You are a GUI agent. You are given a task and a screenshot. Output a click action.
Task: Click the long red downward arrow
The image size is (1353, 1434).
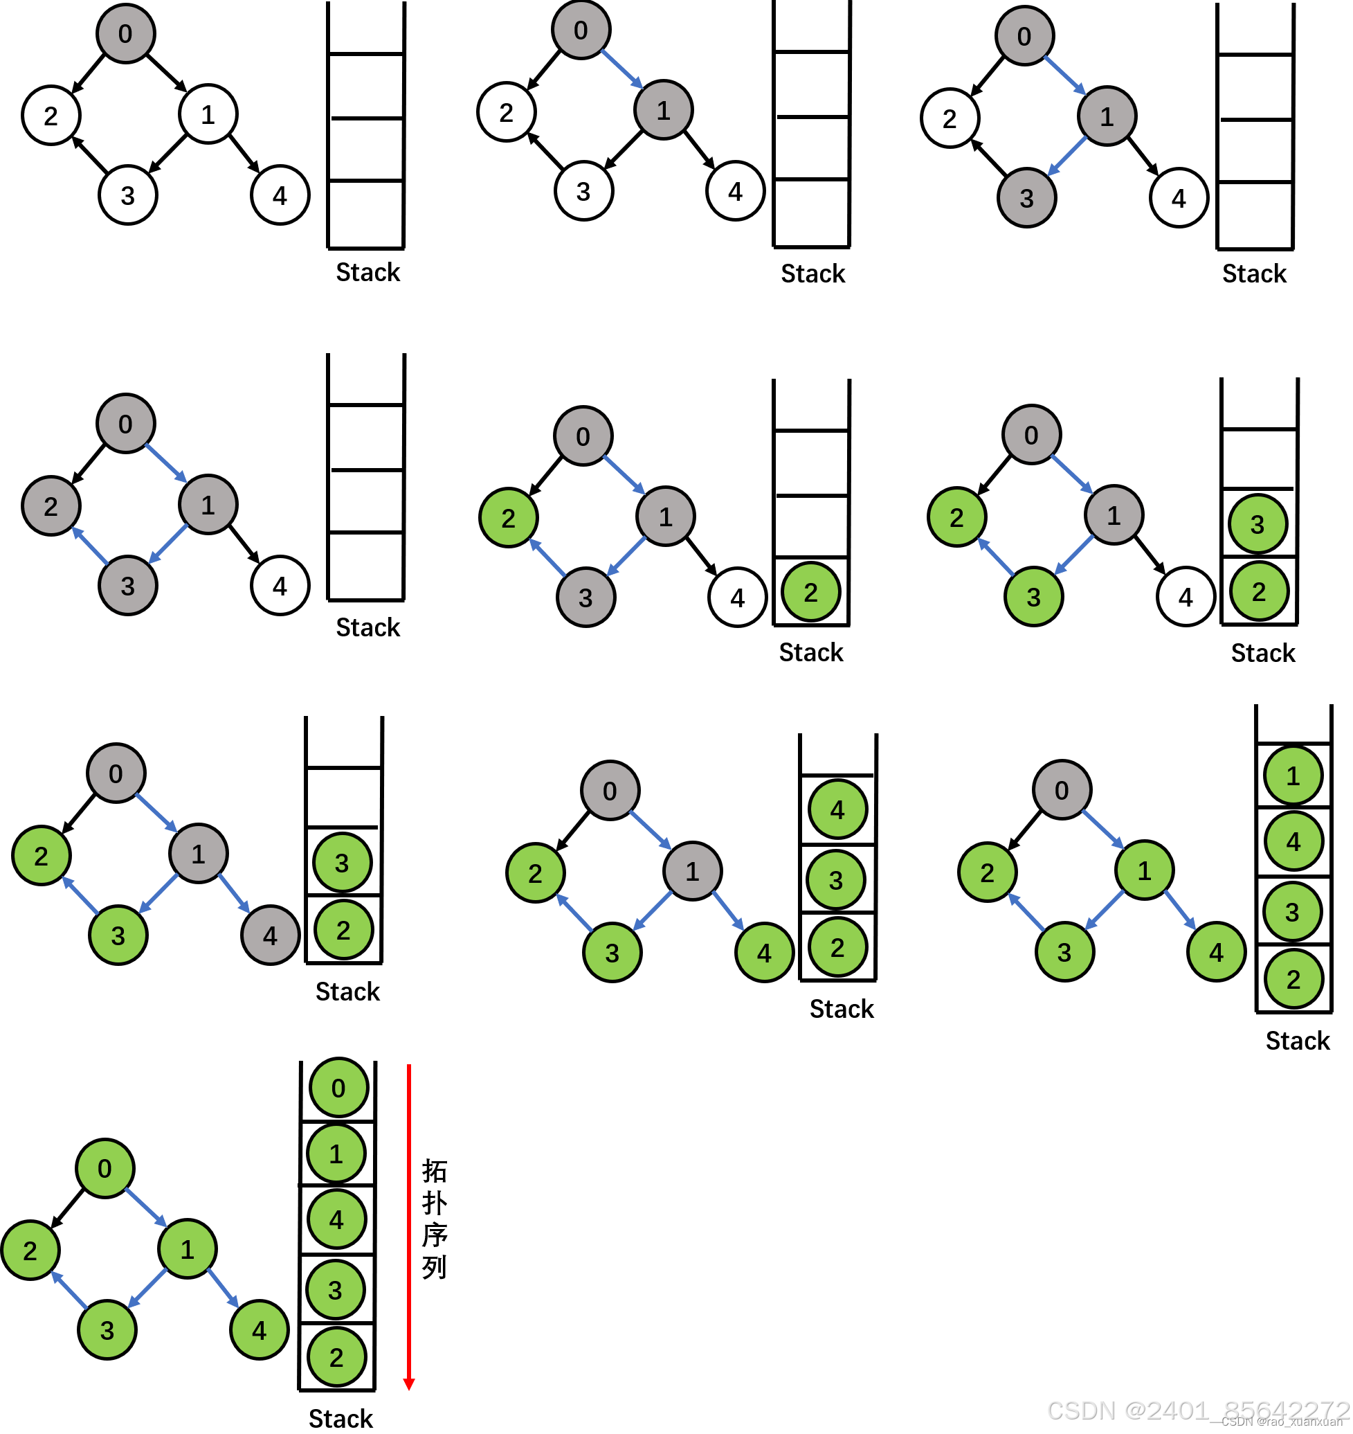pos(409,1227)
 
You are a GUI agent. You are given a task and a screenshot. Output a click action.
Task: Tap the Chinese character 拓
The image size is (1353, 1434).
pos(435,1171)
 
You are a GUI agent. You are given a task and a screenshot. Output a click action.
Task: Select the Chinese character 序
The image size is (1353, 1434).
pos(435,1235)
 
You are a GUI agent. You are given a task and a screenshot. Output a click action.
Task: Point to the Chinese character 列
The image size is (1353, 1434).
pos(435,1266)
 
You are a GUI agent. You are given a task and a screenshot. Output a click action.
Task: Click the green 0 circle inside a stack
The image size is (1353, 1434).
pos(338,1088)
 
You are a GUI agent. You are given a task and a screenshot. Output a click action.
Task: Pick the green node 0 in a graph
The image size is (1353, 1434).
pos(105,1168)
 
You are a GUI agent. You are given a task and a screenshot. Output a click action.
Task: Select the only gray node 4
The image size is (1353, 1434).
pos(270,935)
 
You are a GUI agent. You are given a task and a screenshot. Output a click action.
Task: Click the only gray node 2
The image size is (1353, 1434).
pos(51,506)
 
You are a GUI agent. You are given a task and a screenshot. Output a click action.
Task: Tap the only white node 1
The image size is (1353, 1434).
pos(208,114)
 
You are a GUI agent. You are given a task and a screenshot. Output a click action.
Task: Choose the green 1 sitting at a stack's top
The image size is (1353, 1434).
pos(1293,775)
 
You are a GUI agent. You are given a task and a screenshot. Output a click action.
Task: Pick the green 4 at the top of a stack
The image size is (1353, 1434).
pos(837,809)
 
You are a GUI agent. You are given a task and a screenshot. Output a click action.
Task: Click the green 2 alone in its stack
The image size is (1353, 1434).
pos(810,592)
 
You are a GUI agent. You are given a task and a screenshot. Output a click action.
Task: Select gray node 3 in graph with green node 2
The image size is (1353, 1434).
pos(585,597)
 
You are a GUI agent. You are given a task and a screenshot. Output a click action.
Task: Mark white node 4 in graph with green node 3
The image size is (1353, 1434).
pos(1186,597)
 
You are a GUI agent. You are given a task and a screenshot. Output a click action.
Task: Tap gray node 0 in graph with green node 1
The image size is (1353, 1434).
pos(1062,789)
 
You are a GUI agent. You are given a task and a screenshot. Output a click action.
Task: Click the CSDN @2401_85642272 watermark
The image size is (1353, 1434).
pos(1197,1410)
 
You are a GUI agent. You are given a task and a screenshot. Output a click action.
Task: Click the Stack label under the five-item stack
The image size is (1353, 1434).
pos(340,1419)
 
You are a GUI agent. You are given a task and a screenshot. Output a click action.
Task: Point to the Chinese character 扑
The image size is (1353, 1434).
pos(435,1203)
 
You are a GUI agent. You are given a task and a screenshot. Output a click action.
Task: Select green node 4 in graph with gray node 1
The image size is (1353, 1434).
pos(764,953)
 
